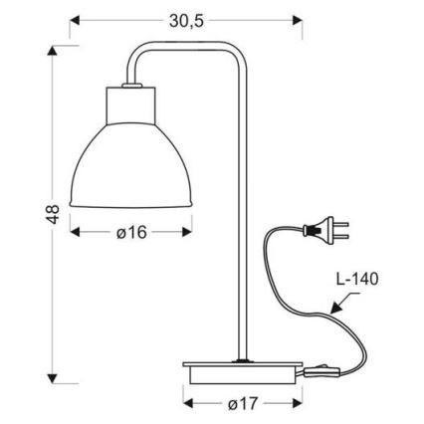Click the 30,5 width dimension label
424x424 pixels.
point(185,20)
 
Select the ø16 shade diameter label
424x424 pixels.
point(130,232)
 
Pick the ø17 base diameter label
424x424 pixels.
point(243,406)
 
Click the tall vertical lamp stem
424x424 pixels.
point(239,219)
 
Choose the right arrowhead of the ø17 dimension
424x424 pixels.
point(295,406)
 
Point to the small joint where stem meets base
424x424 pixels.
point(239,357)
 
